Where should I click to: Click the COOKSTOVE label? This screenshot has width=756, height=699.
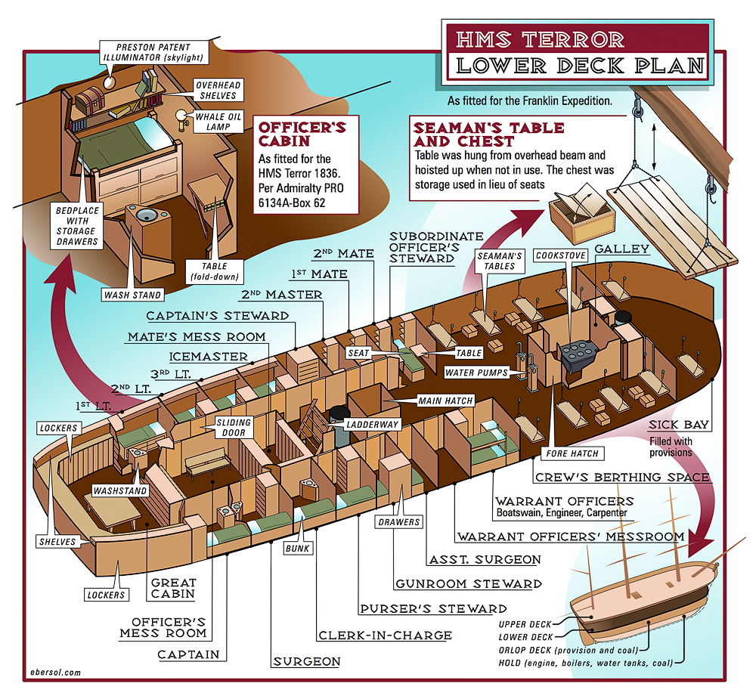tap(560, 255)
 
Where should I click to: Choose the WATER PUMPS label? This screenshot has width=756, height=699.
tap(476, 373)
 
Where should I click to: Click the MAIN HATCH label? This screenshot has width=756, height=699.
tap(445, 401)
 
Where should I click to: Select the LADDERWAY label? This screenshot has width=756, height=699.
tap(373, 425)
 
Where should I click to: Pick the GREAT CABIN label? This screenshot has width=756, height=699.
tap(174, 587)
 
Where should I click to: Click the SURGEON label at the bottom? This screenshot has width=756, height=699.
tap(306, 661)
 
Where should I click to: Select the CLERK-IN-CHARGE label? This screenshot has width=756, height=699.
tap(385, 636)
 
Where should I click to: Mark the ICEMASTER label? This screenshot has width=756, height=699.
tap(208, 356)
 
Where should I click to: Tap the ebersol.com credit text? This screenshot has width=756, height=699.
tap(54, 671)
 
